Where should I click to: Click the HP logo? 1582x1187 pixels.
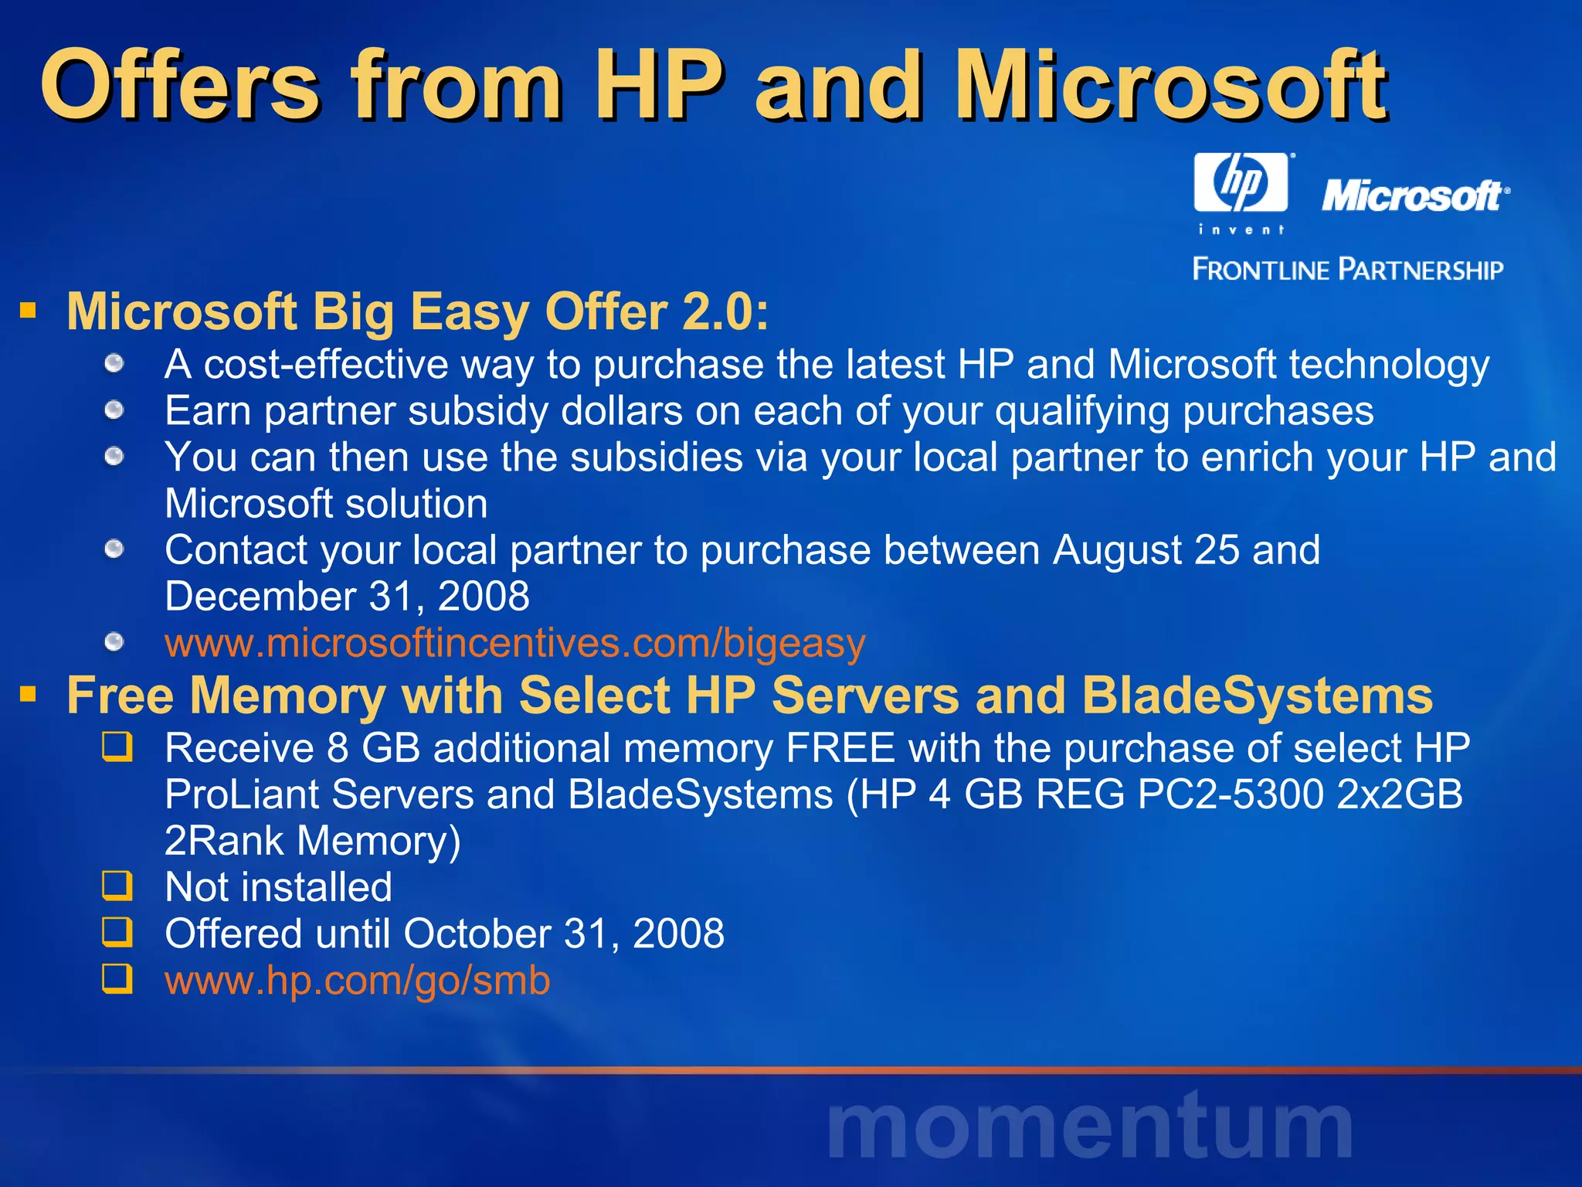click(1241, 182)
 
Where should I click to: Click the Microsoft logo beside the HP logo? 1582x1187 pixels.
click(1414, 196)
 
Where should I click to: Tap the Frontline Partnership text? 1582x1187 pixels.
click(1348, 270)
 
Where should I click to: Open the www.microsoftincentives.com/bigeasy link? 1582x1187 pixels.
click(514, 643)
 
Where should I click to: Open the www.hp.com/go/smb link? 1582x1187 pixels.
click(357, 980)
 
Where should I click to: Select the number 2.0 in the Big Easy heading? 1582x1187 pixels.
click(725, 312)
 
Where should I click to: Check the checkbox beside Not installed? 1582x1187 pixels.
click(117, 886)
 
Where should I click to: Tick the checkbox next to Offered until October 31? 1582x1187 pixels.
click(117, 933)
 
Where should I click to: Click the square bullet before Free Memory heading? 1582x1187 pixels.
click(29, 695)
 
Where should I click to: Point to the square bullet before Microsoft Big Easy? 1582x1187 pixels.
click(29, 311)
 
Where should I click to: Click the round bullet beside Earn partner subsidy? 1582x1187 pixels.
click(114, 410)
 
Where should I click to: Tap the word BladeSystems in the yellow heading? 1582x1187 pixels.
click(1257, 696)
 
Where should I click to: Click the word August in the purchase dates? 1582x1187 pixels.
click(1117, 550)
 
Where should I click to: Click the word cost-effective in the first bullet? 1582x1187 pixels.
click(326, 365)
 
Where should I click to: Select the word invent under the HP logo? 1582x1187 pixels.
click(1241, 230)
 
